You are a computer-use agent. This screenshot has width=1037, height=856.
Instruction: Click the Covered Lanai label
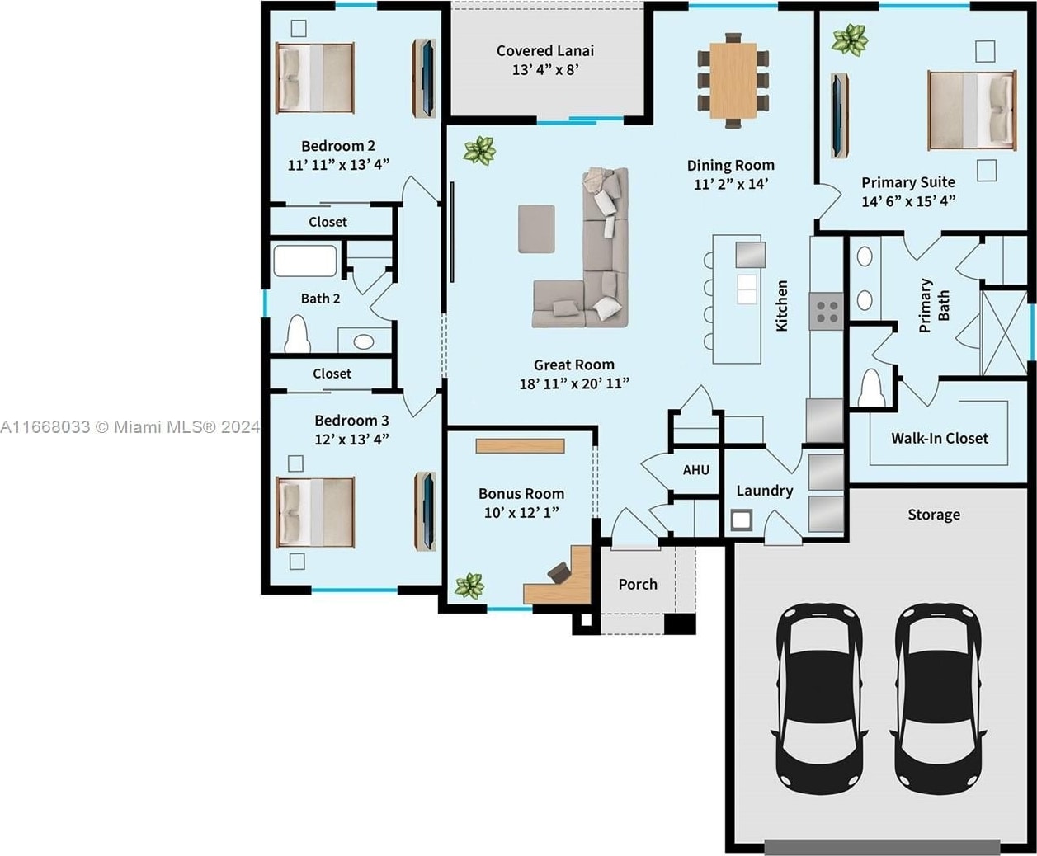pyautogui.click(x=545, y=50)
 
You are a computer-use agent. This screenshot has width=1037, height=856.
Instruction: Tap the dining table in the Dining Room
pyautogui.click(x=733, y=81)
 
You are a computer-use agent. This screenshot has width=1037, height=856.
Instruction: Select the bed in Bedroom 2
pyautogui.click(x=315, y=78)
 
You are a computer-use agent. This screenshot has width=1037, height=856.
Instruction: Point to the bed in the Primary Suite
pyautogui.click(x=972, y=111)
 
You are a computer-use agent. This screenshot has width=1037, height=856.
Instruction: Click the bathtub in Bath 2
pyautogui.click(x=305, y=261)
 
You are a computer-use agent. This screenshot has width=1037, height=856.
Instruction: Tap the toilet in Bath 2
pyautogui.click(x=298, y=334)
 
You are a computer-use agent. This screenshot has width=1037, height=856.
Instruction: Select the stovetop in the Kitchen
pyautogui.click(x=827, y=312)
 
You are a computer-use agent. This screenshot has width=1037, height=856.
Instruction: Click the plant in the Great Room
pyautogui.click(x=479, y=150)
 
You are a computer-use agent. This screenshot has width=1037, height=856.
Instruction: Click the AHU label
pyautogui.click(x=695, y=470)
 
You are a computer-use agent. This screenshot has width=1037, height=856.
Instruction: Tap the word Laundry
pyautogui.click(x=764, y=491)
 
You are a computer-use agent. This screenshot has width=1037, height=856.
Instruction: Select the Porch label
pyautogui.click(x=638, y=585)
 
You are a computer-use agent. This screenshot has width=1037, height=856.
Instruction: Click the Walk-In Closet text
pyautogui.click(x=939, y=439)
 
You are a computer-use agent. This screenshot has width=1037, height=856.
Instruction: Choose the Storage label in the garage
pyautogui.click(x=934, y=515)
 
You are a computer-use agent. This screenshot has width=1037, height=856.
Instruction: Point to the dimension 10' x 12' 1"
pyautogui.click(x=521, y=512)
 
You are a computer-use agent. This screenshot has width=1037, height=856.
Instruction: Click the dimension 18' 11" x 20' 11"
pyautogui.click(x=574, y=383)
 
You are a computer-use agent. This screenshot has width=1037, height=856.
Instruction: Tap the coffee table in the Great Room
pyautogui.click(x=536, y=229)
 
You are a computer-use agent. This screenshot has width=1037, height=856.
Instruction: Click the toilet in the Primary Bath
pyautogui.click(x=873, y=388)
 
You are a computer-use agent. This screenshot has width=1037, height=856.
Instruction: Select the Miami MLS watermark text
pyautogui.click(x=130, y=427)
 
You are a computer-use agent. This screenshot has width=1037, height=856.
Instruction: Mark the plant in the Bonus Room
pyautogui.click(x=469, y=586)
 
